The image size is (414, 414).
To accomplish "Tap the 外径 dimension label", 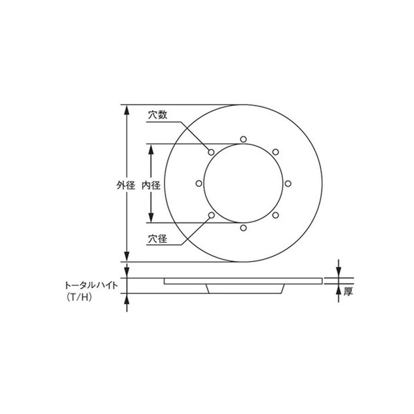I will [x=126, y=185].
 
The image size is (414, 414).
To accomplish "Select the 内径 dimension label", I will [x=150, y=185].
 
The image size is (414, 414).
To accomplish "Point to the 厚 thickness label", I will [x=348, y=291].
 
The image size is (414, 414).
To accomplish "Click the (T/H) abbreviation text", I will [x=80, y=298].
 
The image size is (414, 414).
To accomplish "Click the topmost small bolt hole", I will [x=243, y=138].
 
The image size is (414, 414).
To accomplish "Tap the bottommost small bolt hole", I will [x=243, y=228].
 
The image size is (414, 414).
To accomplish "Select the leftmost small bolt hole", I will [x=199, y=184].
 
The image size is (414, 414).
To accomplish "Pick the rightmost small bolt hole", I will [x=288, y=184].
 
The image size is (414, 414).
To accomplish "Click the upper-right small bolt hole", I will [x=275, y=152].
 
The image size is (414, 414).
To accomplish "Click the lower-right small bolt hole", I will [x=275, y=215].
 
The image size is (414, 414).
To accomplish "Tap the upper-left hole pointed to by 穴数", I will [x=212, y=152].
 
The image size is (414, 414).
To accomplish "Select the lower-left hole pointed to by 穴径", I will [x=212, y=215].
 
